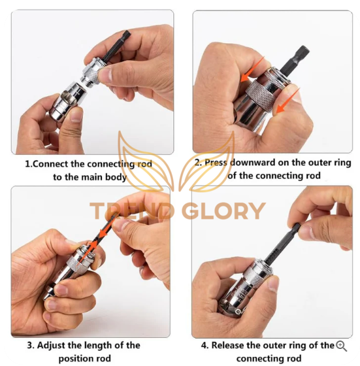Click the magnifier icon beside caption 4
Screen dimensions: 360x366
coord(341,346)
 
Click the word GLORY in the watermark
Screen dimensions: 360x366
coord(223,211)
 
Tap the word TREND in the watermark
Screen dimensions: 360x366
coord(132,211)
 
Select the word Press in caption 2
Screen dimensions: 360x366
coord(216,163)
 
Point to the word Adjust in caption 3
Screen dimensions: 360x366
coord(50,345)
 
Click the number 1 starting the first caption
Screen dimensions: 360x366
coord(27,164)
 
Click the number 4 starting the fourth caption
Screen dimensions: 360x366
coord(204,346)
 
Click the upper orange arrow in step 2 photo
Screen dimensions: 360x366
coord(252,69)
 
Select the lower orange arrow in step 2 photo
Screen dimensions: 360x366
coord(287,101)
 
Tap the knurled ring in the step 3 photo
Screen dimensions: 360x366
coord(75,264)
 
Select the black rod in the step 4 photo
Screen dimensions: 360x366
coord(281,242)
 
